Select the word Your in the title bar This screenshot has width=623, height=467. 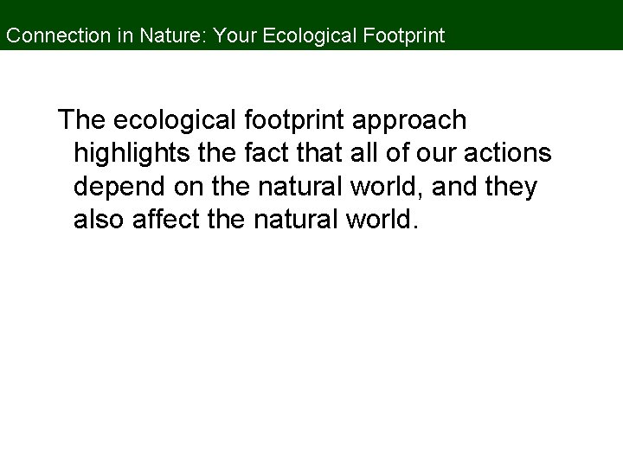231,36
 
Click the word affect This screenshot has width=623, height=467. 168,221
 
